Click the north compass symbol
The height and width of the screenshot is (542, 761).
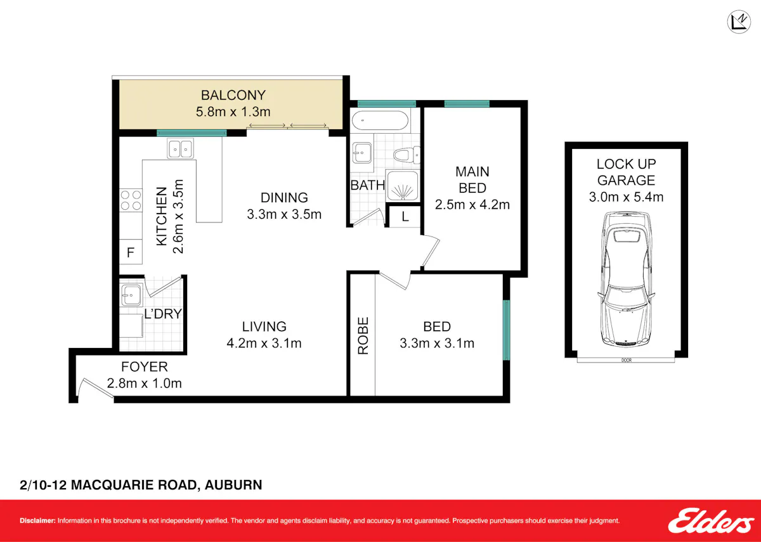point(739,22)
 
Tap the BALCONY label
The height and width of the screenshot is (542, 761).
point(233,95)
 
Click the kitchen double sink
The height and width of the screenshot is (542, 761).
point(180,148)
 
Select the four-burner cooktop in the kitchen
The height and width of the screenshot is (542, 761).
point(131,200)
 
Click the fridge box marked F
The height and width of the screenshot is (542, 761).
point(131,252)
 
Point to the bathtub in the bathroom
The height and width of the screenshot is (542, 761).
point(380,120)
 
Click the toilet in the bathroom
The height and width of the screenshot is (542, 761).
point(407,155)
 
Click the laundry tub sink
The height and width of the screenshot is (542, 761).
point(131,295)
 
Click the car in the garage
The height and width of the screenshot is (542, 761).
point(626,279)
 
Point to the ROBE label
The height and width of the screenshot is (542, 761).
point(363,336)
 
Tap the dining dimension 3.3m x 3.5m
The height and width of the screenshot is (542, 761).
point(284,214)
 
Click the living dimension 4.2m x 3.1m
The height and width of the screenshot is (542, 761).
point(264,343)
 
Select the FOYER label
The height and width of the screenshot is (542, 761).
point(145,367)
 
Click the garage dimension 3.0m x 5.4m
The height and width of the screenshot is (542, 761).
point(626,197)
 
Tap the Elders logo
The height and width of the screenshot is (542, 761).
point(711,521)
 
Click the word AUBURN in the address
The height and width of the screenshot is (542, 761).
point(233,484)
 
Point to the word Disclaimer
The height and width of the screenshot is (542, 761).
point(37,520)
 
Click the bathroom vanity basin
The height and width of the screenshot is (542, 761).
point(362,153)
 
